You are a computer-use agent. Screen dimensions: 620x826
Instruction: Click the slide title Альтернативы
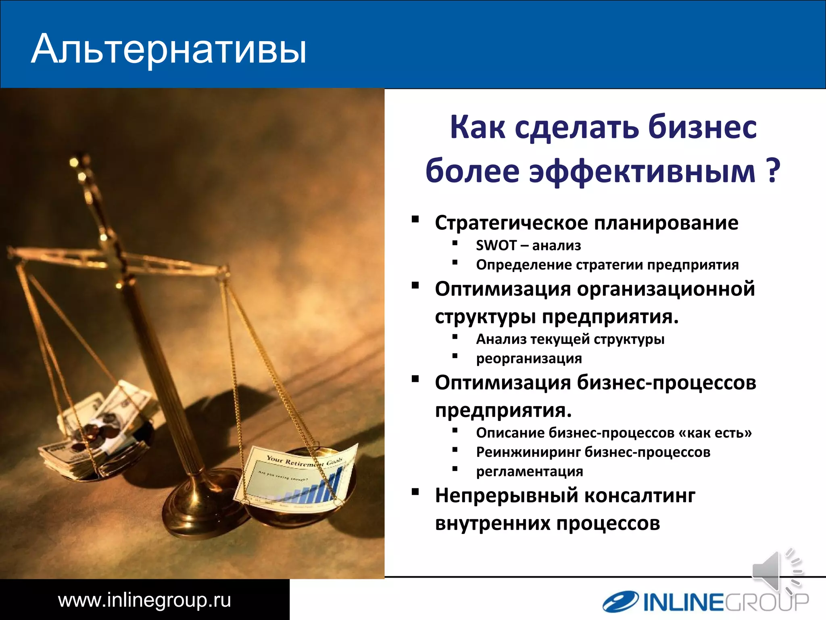coord(169,49)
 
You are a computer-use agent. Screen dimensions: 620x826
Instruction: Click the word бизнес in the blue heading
coord(702,127)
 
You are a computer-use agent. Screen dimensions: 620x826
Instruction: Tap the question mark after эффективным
coord(772,171)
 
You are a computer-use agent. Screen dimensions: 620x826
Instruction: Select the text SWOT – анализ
coord(528,245)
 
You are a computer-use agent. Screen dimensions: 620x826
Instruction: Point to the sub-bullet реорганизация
coord(529,358)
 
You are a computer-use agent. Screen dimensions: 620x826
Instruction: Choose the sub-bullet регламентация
coord(529,471)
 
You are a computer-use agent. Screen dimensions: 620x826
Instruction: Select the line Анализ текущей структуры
coord(570,339)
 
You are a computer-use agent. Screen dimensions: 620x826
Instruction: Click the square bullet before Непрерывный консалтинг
coord(415,492)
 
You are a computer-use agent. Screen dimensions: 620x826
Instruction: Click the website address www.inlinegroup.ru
coord(144,600)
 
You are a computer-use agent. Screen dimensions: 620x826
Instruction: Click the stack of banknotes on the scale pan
coord(101,432)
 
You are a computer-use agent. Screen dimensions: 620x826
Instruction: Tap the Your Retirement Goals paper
coord(298,476)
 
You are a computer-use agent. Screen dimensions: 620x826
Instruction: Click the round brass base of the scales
coord(202,513)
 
